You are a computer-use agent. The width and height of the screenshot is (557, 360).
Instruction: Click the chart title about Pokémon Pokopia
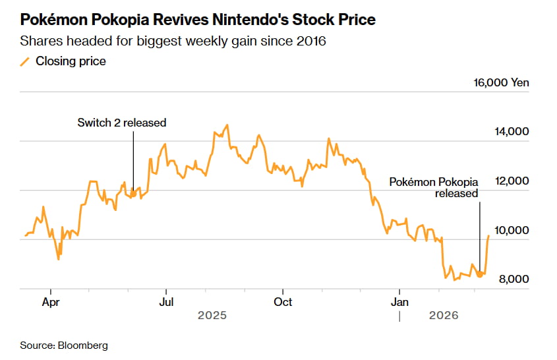pos(198,20)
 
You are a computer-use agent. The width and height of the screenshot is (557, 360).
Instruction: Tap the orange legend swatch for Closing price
pos(25,61)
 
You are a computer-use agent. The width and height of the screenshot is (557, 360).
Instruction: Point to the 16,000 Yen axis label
pos(501,83)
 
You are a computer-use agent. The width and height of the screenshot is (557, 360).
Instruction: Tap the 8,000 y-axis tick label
pos(513,280)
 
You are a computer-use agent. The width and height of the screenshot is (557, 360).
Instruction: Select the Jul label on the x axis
pos(166,302)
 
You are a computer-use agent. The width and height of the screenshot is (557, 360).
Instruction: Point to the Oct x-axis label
pos(283,302)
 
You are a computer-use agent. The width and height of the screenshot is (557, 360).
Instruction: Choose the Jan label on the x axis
pos(399,302)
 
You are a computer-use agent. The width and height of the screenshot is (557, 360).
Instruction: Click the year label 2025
pos(212,316)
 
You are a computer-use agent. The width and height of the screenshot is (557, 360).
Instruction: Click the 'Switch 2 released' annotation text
pos(122,123)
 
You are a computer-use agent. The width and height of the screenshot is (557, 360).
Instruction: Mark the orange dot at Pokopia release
pos(479,274)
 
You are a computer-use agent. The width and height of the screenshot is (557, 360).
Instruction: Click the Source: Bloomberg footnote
pos(64,345)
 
